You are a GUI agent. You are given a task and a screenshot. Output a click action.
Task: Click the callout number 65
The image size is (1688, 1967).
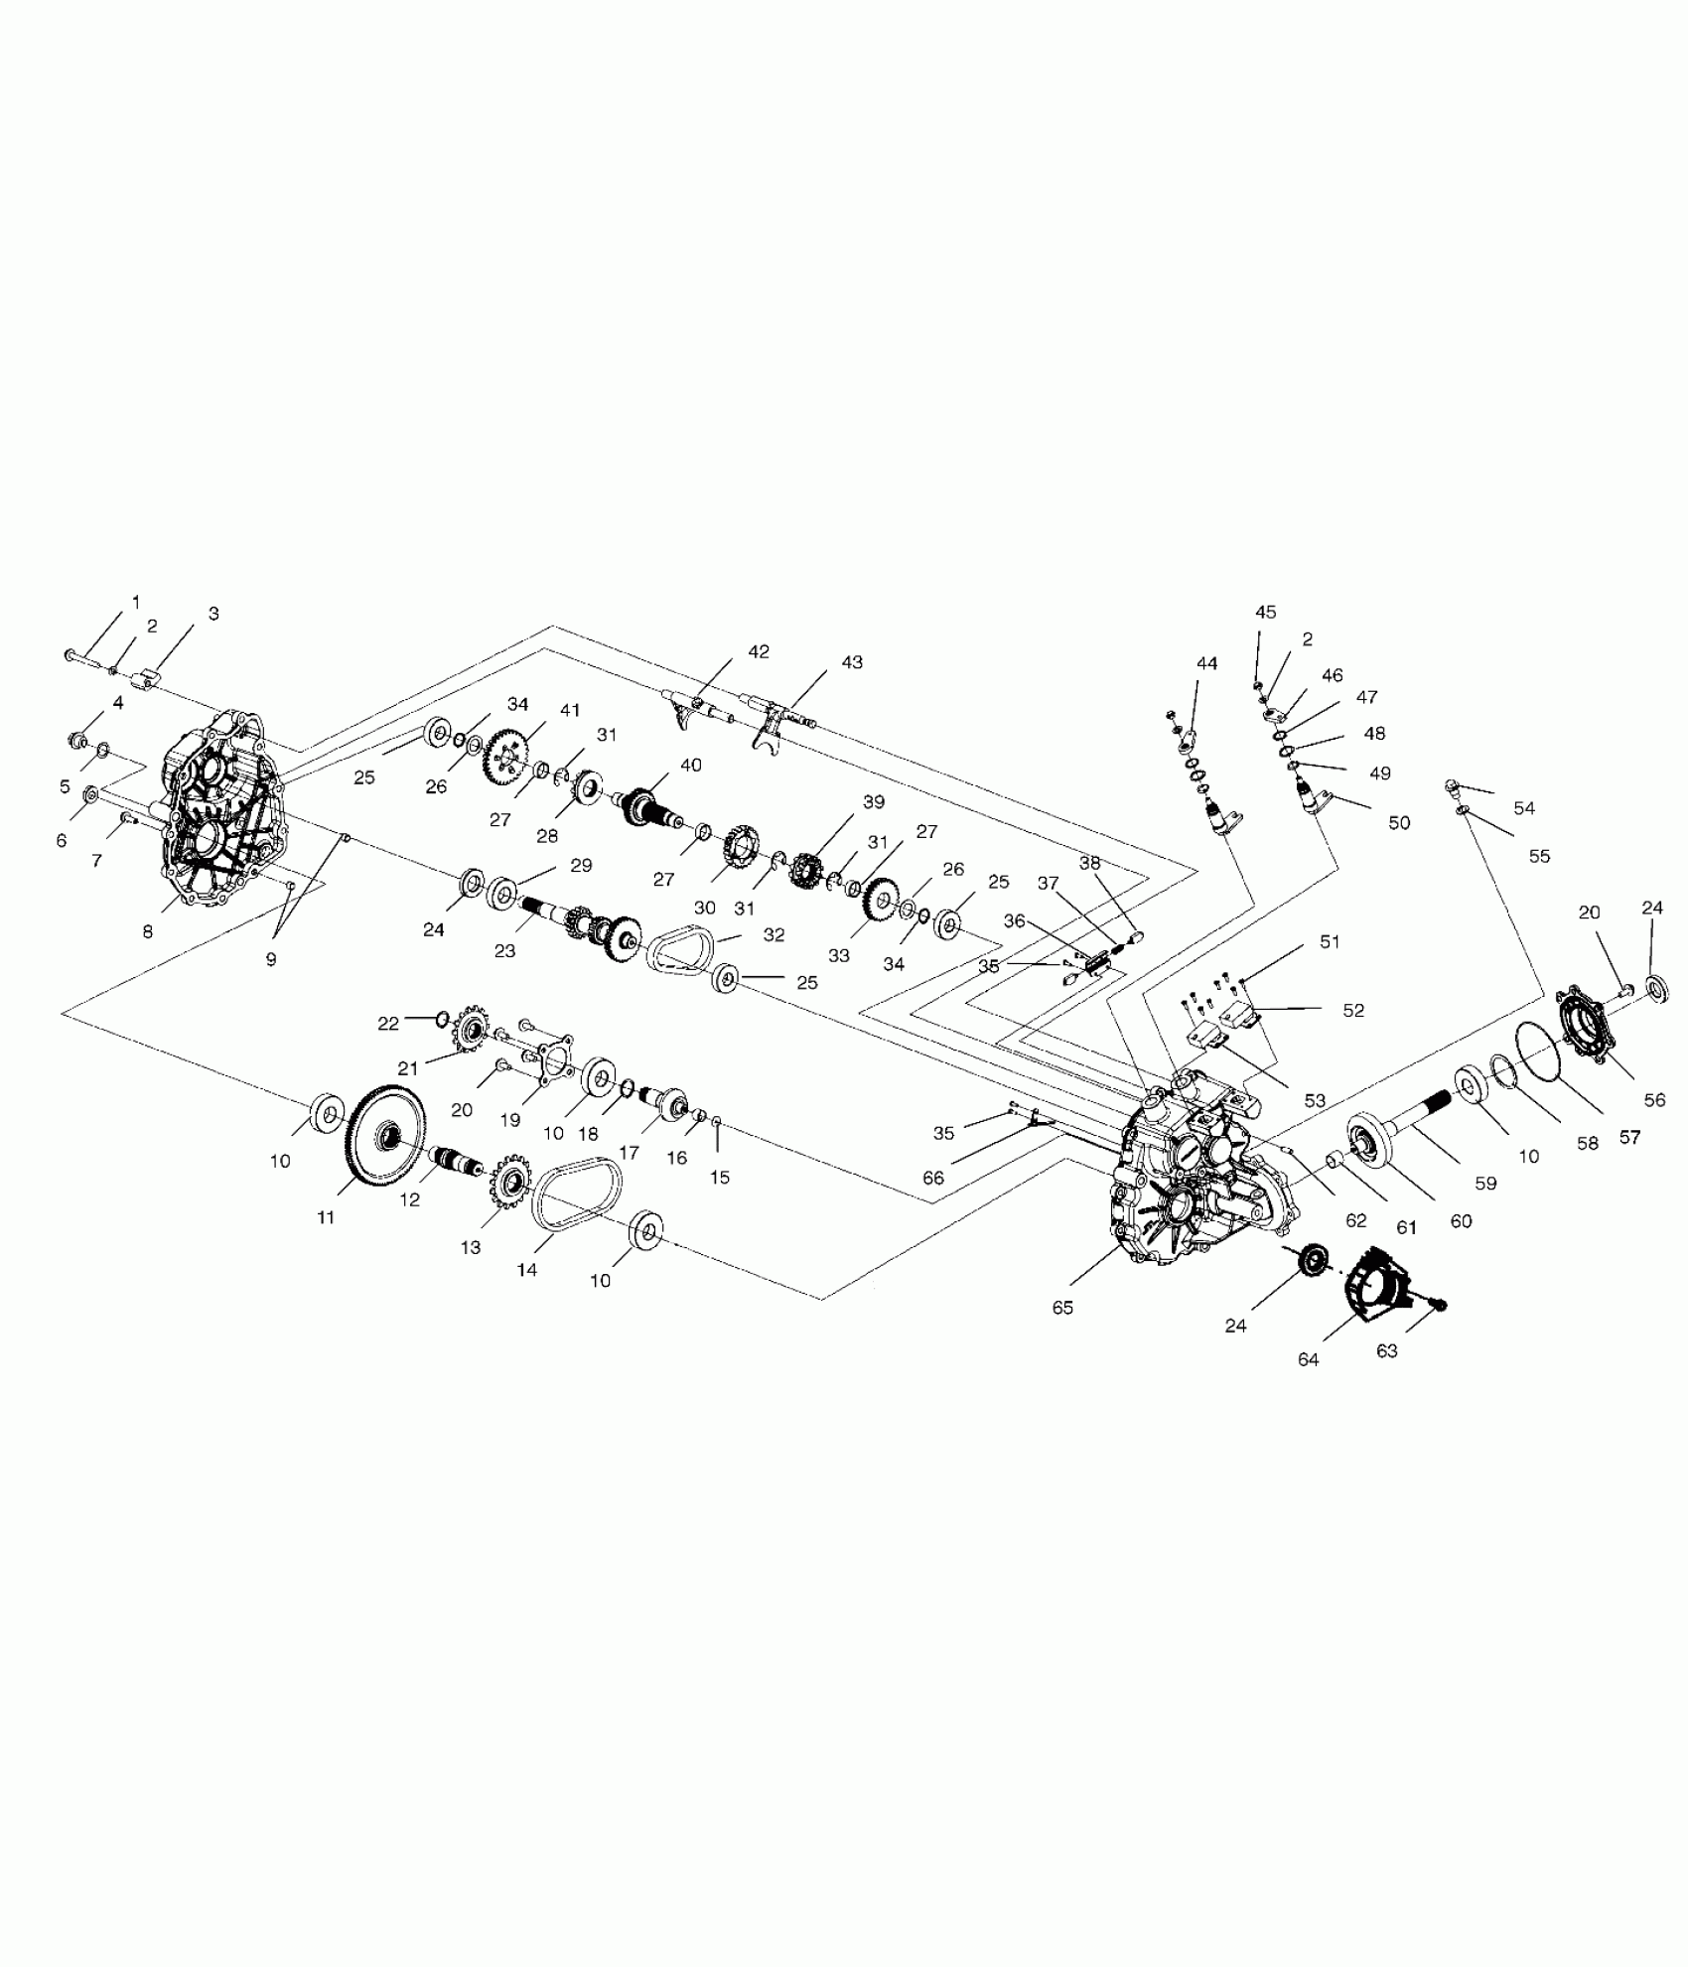click(1062, 1308)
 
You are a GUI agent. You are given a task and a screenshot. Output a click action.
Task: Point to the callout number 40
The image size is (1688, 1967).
click(690, 766)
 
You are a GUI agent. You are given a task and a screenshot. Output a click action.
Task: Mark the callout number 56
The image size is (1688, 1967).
click(1654, 1099)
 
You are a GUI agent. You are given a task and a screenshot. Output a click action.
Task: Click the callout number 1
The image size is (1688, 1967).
click(136, 602)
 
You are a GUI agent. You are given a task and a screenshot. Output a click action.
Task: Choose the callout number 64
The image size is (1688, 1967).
click(1308, 1359)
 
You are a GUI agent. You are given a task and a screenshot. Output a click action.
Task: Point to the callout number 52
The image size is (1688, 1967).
click(1353, 1011)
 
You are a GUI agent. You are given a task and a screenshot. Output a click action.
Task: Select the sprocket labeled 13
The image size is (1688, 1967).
click(513, 1182)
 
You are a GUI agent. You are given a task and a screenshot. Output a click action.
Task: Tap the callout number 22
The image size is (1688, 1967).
click(387, 1024)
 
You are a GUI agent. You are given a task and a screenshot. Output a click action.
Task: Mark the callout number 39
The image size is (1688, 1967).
click(873, 802)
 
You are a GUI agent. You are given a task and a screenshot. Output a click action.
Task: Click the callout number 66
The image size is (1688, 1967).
click(933, 1179)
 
